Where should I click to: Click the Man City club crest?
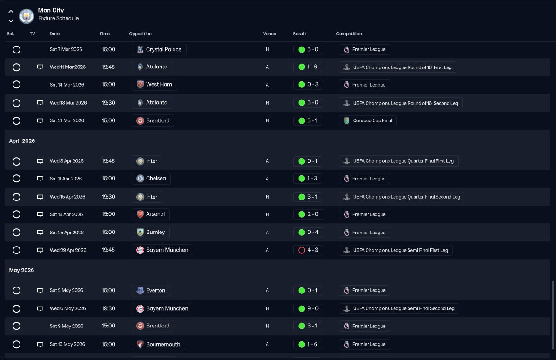tap(27, 16)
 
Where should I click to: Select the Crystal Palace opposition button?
tap(159, 49)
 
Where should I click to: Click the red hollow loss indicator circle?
tap(301, 250)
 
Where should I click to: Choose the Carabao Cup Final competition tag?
tap(368, 120)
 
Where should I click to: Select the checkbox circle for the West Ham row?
tap(16, 85)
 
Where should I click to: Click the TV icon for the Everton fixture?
tap(40, 291)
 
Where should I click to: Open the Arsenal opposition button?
tap(150, 214)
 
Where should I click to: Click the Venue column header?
tap(269, 34)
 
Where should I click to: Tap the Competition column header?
tap(349, 34)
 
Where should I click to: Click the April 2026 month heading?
tap(22, 141)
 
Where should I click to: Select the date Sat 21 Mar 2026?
tap(67, 120)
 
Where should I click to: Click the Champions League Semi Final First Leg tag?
tap(395, 250)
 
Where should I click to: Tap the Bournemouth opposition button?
tap(158, 344)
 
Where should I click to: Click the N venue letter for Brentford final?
tap(267, 120)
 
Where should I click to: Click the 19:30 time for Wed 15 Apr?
tap(108, 197)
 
